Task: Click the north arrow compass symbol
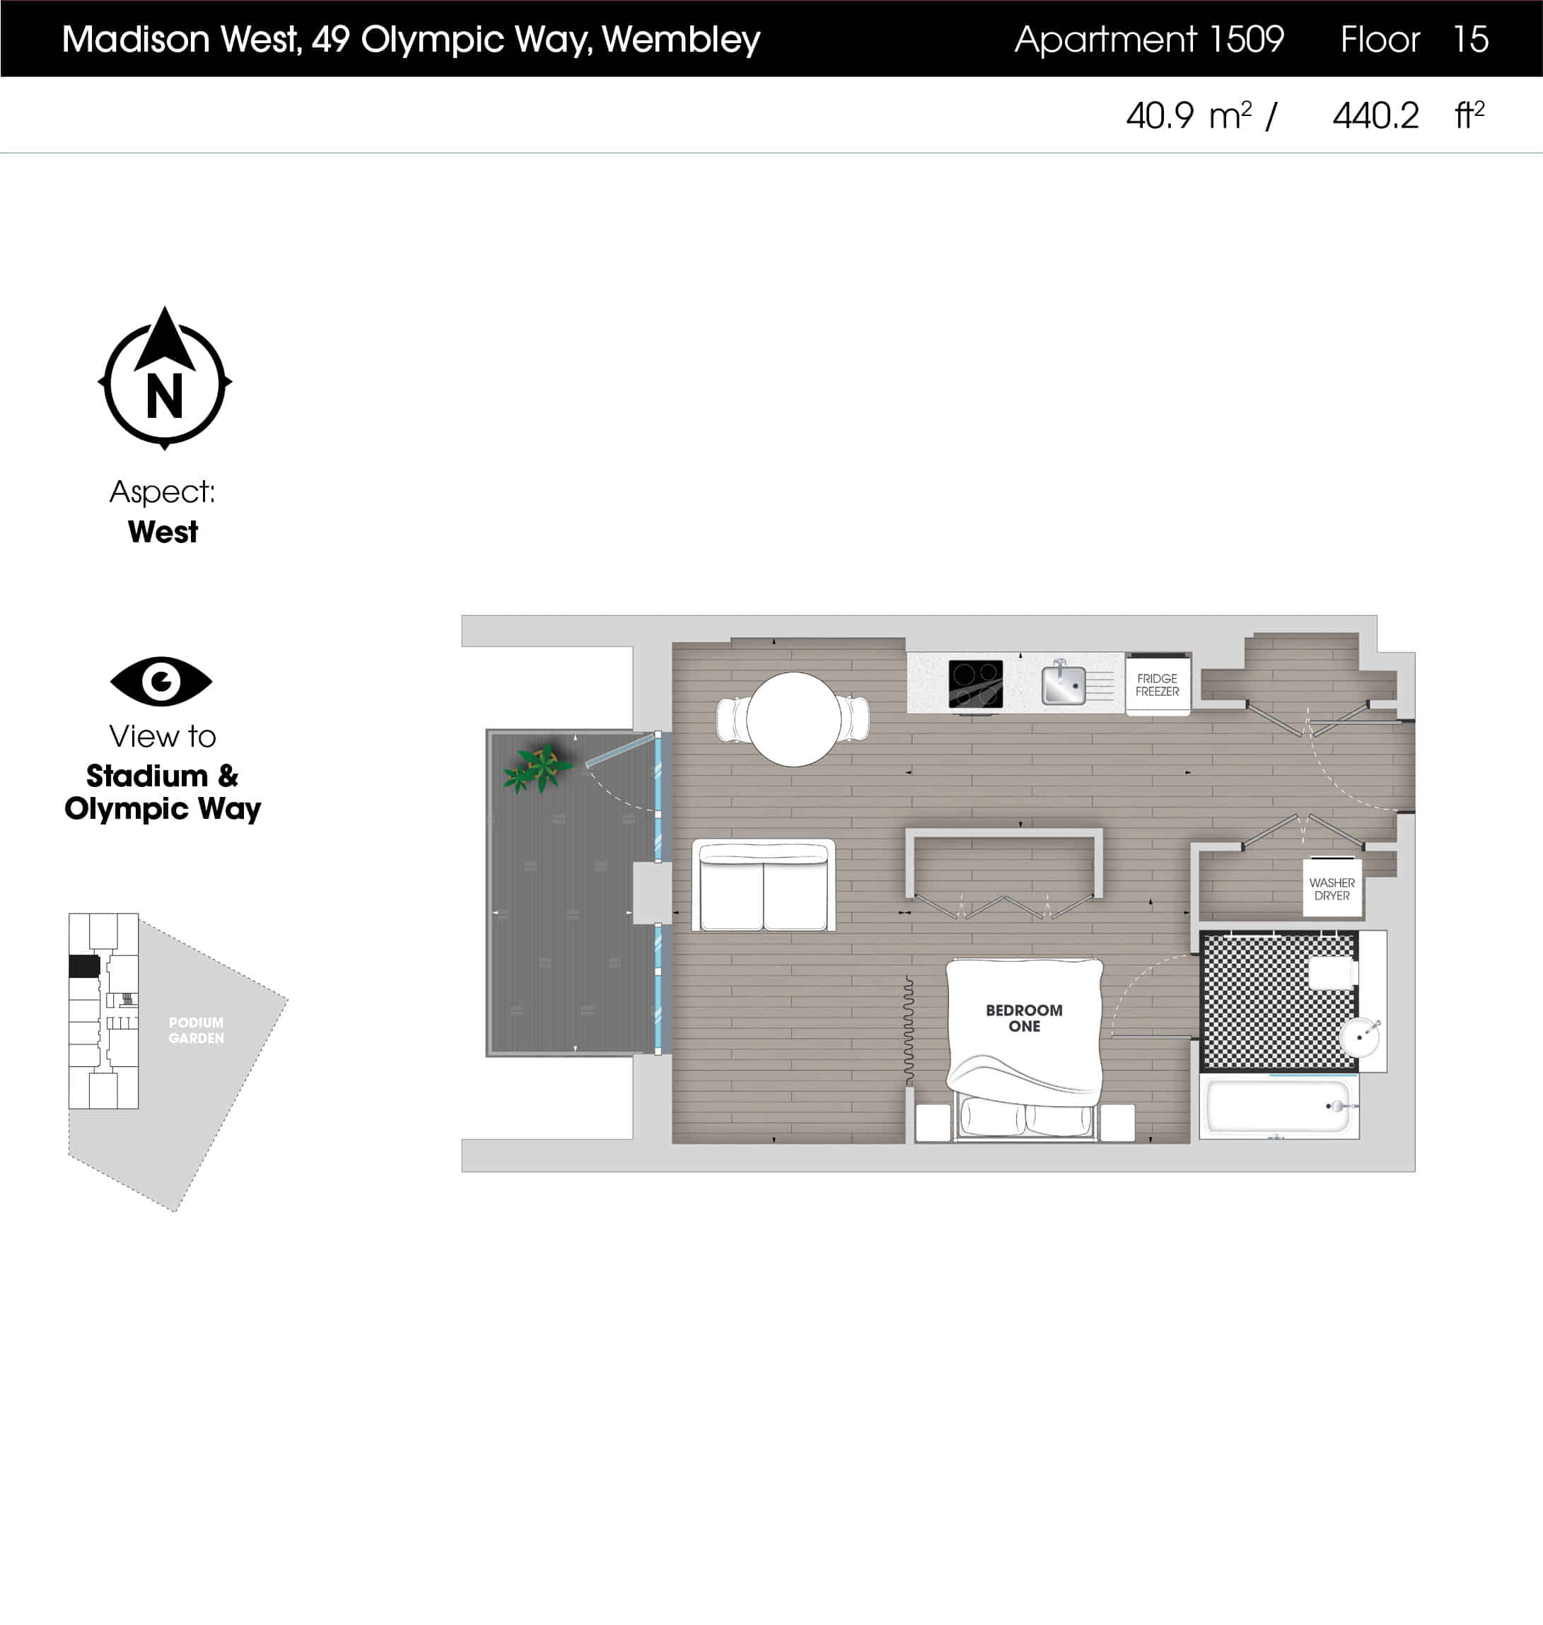165,379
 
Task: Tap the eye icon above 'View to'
161,681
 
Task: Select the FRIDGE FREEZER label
1156,685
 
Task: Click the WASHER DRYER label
1332,889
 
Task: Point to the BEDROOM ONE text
1024,1018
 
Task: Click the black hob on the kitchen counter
975,682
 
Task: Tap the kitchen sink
1064,685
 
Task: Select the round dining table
793,718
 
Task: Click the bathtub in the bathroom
1278,1106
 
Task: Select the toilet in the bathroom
1332,973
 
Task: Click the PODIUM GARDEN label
196,1030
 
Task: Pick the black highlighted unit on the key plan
84,965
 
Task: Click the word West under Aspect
163,532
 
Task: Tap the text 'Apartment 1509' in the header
1148,39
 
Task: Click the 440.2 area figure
1375,116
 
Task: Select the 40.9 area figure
1159,116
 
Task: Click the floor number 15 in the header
1471,39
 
